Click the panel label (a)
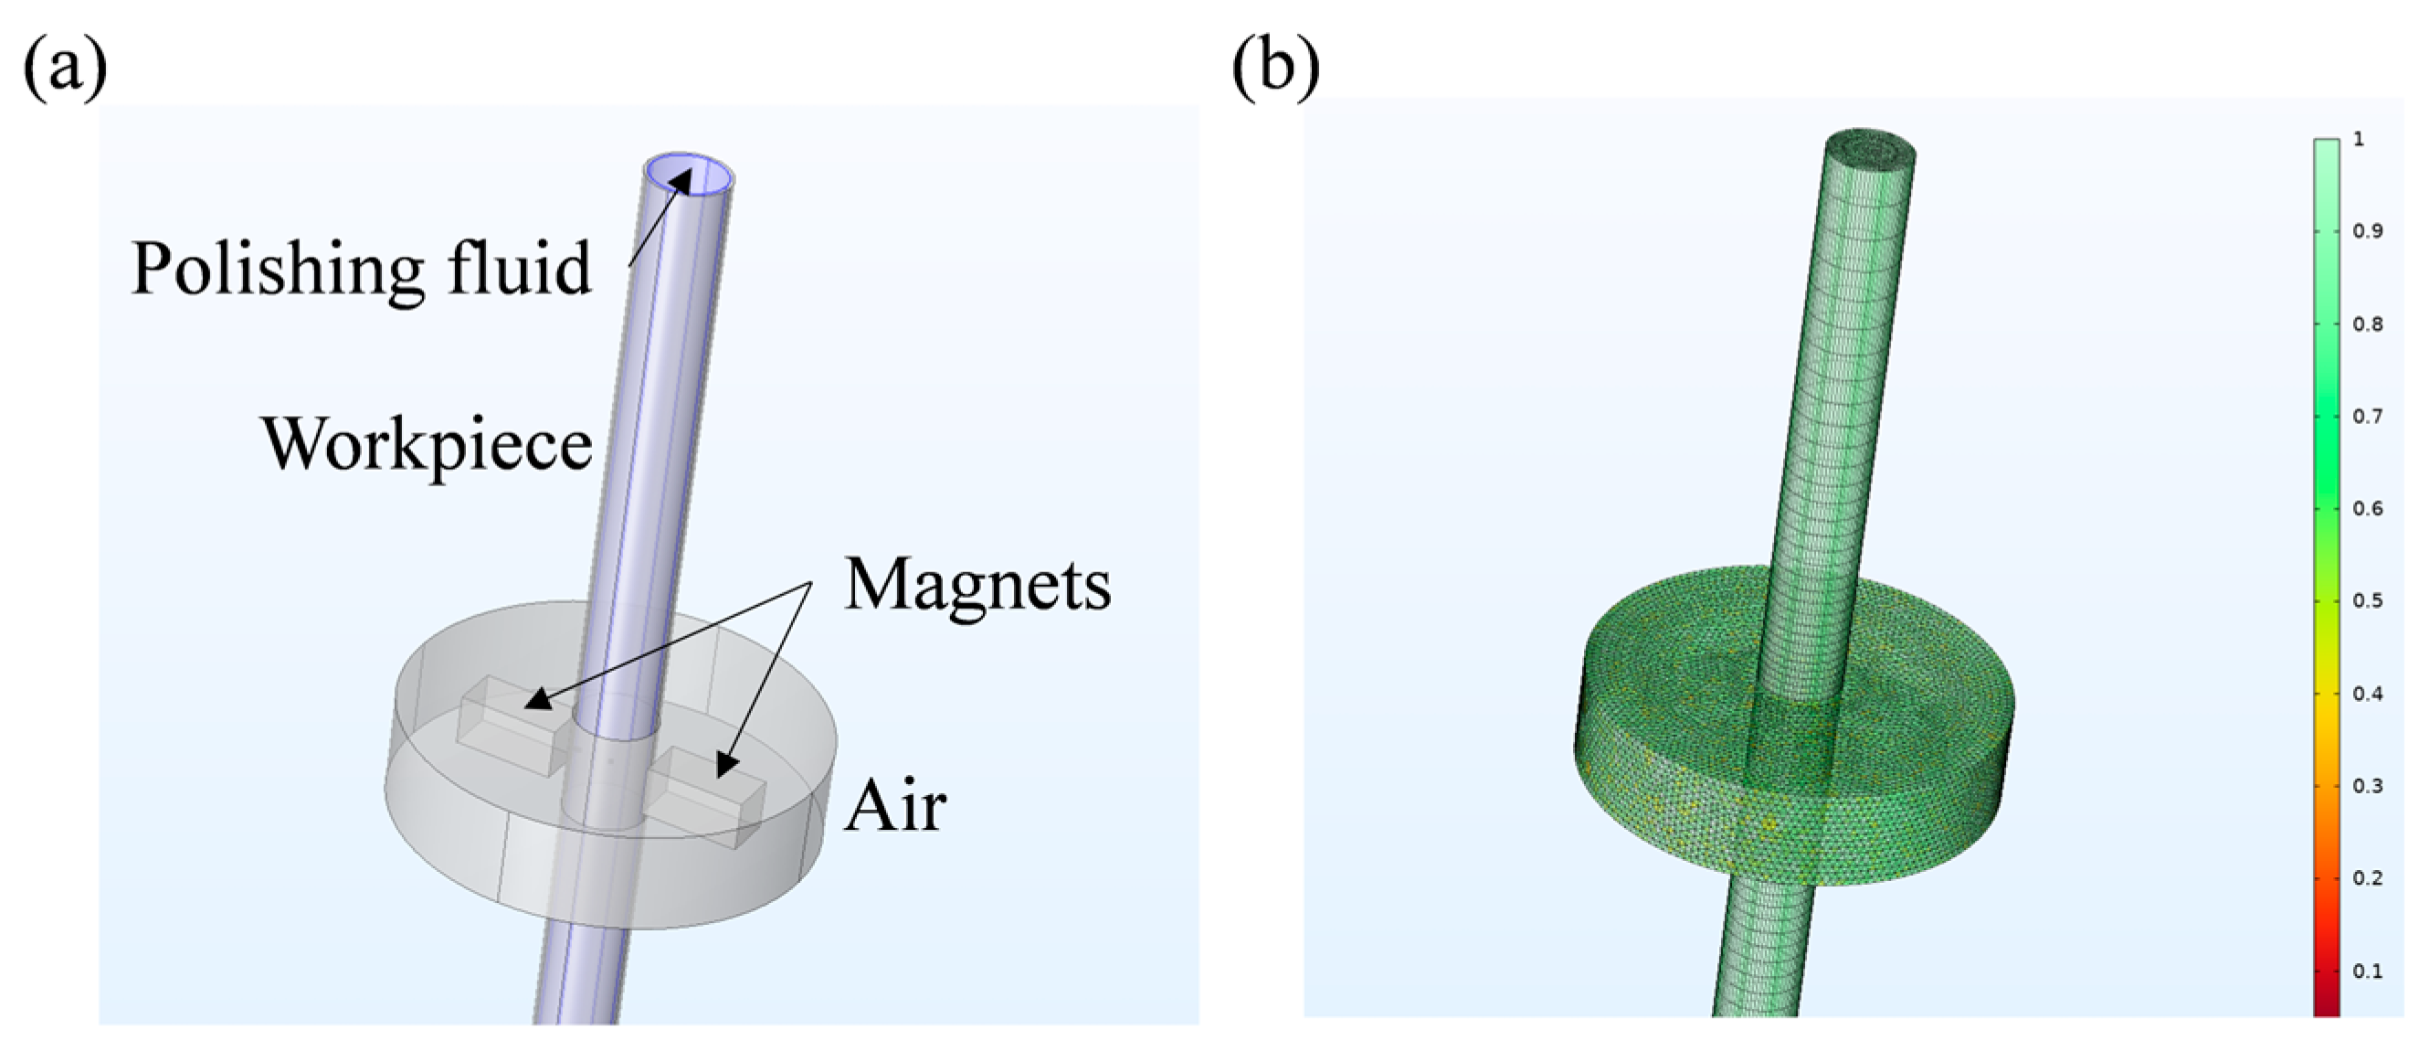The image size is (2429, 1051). coord(64,68)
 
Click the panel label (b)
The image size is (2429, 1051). coord(1275,68)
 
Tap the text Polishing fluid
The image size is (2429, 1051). coord(361,269)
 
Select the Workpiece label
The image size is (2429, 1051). coord(428,444)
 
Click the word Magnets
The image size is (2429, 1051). coord(977,586)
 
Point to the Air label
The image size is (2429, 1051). coord(895,808)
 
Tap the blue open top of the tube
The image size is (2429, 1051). coord(691,176)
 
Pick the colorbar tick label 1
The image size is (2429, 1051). coord(2360,140)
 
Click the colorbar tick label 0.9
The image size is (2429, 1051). coord(2367,231)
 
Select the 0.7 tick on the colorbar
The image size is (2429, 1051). coord(2367,416)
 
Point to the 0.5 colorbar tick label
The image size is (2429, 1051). coord(2367,601)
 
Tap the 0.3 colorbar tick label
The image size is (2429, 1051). coord(2367,786)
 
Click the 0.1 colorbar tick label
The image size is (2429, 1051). coord(2367,971)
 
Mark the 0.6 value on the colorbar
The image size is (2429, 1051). coord(2367,508)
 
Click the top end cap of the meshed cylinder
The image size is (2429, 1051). coord(1870,149)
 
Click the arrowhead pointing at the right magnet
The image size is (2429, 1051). coord(726,765)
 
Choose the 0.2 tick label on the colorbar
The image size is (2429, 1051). coord(2367,878)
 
